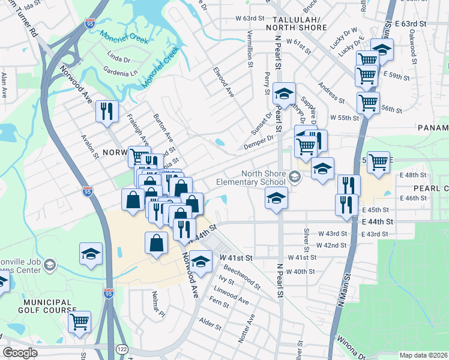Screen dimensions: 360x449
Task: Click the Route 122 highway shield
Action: tap(123, 349)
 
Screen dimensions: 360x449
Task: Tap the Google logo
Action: tap(20, 353)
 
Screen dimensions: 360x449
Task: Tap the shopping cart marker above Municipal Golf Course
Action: tap(79, 322)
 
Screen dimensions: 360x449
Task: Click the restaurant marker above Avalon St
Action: tap(107, 112)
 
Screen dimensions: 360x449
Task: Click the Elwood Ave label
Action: tap(223, 83)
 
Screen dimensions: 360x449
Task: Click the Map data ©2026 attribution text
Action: tap(423, 355)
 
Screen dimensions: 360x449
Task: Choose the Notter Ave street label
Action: tap(247, 328)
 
